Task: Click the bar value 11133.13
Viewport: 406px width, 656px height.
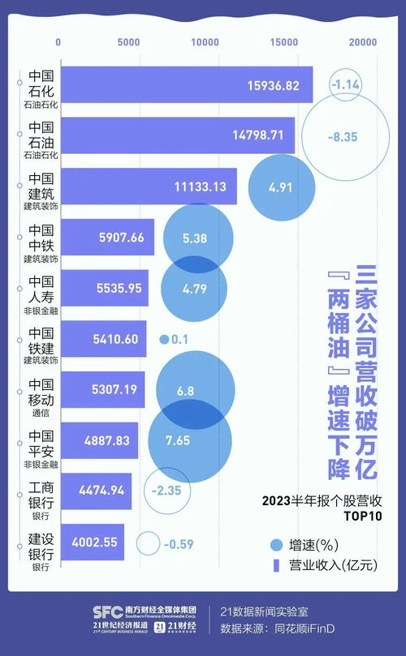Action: (x=201, y=186)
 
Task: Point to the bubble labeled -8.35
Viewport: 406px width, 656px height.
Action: (x=342, y=136)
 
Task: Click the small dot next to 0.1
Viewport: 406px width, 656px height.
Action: (x=163, y=340)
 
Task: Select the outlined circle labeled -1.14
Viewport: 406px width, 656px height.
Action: (x=345, y=84)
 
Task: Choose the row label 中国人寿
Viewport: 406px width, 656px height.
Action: (x=41, y=289)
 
